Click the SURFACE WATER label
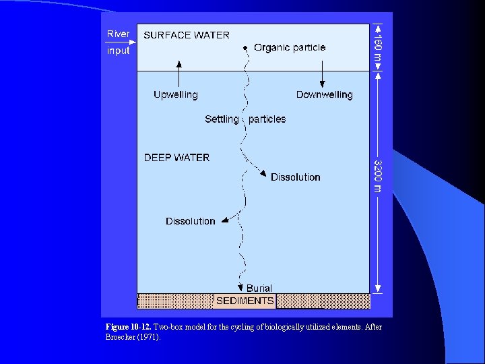point(187,35)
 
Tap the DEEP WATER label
point(176,158)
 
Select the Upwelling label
point(176,95)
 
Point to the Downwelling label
point(324,95)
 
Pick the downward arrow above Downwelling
point(323,73)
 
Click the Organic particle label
point(290,48)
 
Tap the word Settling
point(222,119)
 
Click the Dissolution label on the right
point(295,177)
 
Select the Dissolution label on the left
point(191,221)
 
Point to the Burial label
point(259,289)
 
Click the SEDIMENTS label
point(245,301)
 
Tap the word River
point(119,34)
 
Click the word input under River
point(118,51)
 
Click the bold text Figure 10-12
point(129,327)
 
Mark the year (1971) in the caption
point(148,336)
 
